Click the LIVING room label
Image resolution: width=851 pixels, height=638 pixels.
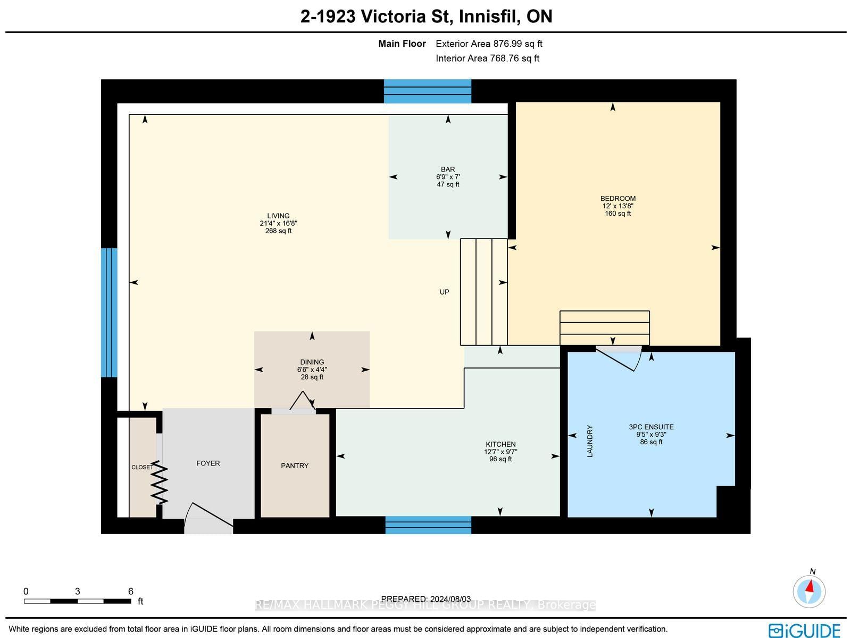coord(278,216)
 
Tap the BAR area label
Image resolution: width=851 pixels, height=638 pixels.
coord(447,169)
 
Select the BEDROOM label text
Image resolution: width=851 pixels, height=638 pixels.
coord(618,198)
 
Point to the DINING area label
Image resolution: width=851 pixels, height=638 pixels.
coord(312,362)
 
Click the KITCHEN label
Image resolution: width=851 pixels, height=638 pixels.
coord(500,444)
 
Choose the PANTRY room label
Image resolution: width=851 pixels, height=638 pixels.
coord(294,465)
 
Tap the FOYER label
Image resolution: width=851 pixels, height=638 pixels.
coord(208,463)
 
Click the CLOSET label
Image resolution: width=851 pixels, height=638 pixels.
coord(142,467)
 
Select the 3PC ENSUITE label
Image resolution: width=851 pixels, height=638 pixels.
coord(651,427)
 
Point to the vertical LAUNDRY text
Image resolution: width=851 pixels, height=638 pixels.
coord(590,441)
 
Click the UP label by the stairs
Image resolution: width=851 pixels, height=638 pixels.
coord(444,292)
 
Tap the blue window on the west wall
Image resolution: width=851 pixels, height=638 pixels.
coord(109,313)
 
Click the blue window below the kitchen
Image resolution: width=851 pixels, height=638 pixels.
coord(428,525)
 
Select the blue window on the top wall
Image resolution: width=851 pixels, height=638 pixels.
coord(427,92)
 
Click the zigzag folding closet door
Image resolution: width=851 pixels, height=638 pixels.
coord(159,482)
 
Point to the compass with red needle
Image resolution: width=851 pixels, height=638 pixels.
coord(809,592)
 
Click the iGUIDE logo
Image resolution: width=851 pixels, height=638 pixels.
coord(804,630)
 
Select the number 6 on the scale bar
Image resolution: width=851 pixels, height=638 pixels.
coord(131,591)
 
